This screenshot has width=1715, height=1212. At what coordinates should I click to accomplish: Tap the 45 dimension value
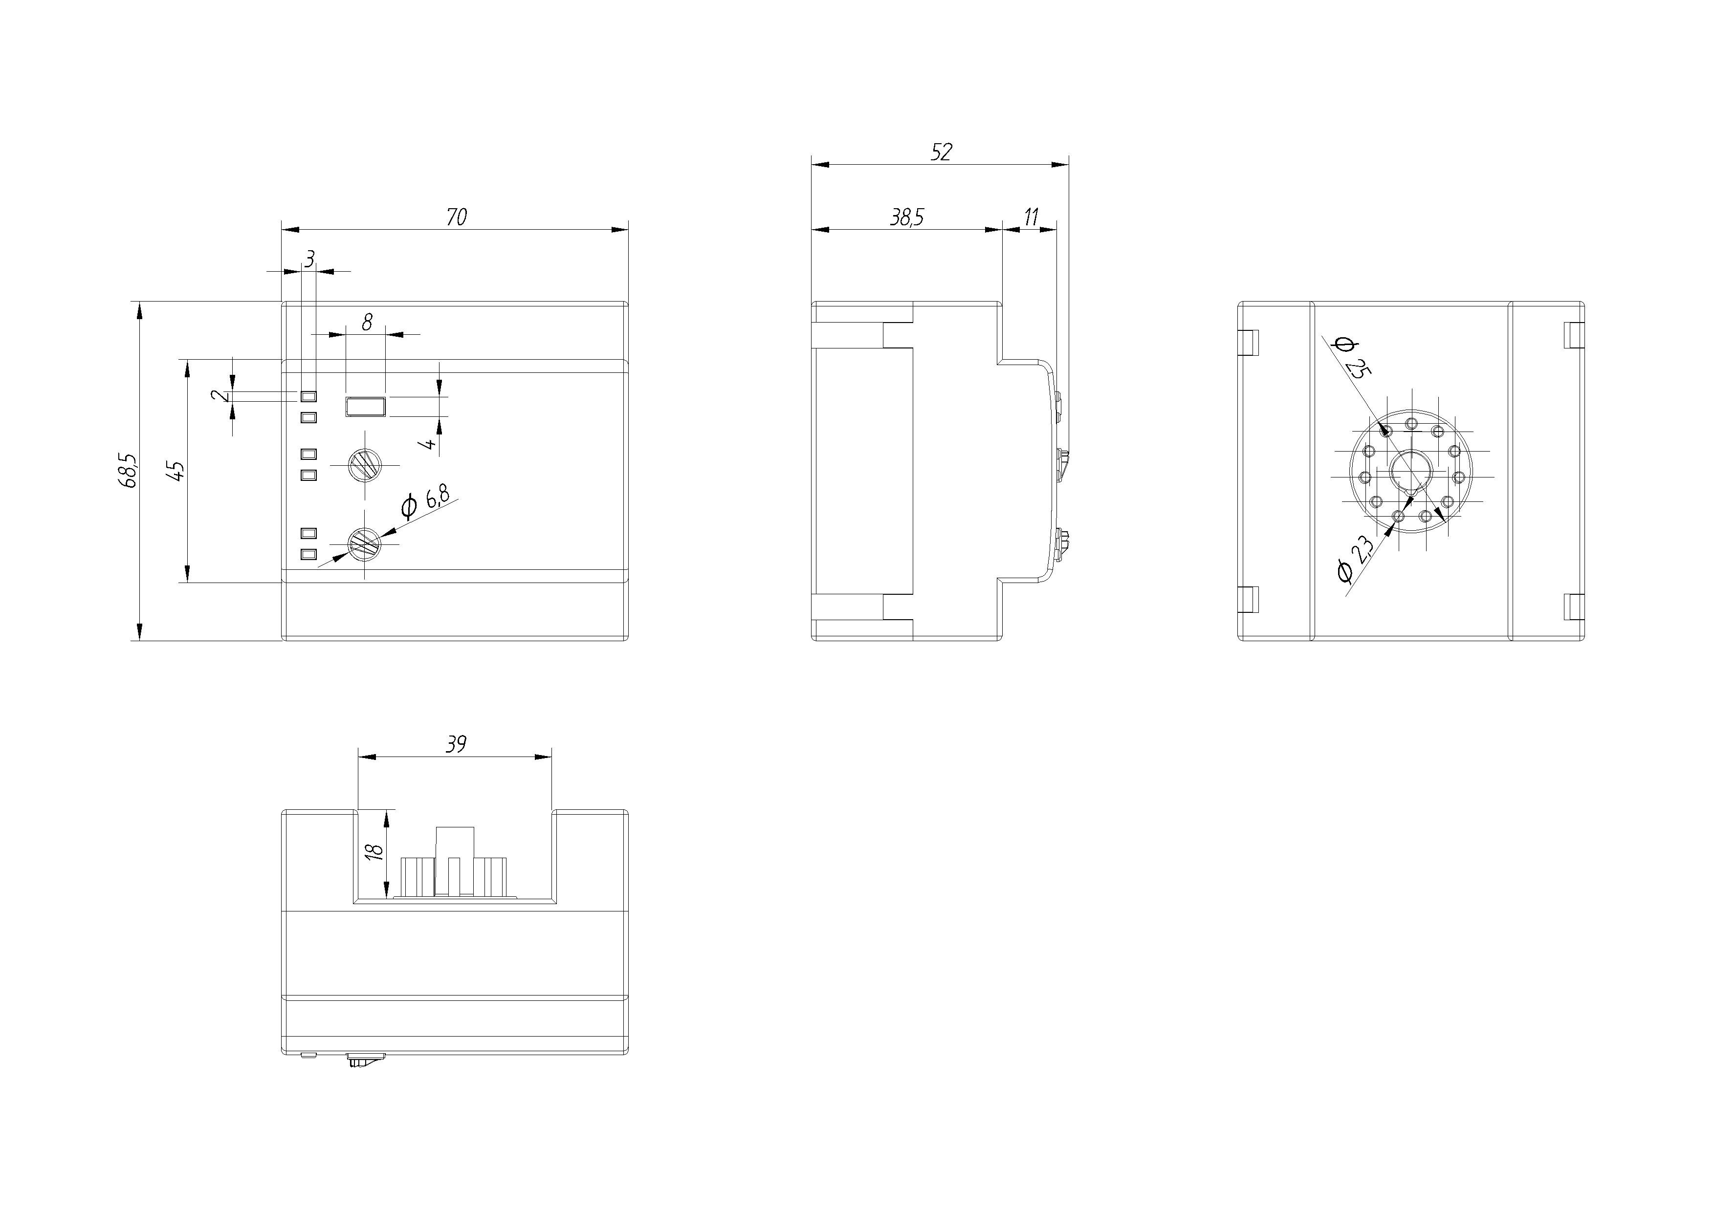pos(177,471)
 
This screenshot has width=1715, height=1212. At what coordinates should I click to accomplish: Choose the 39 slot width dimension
pos(456,744)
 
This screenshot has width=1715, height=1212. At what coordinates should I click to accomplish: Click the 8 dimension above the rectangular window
pos(367,322)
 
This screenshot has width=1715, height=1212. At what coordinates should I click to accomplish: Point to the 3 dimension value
pos(310,259)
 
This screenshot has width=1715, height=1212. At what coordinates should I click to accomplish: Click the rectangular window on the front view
pos(365,407)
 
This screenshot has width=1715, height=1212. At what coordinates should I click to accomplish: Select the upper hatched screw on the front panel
pos(365,466)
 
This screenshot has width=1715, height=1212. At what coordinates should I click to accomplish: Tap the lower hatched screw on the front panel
pos(365,543)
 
